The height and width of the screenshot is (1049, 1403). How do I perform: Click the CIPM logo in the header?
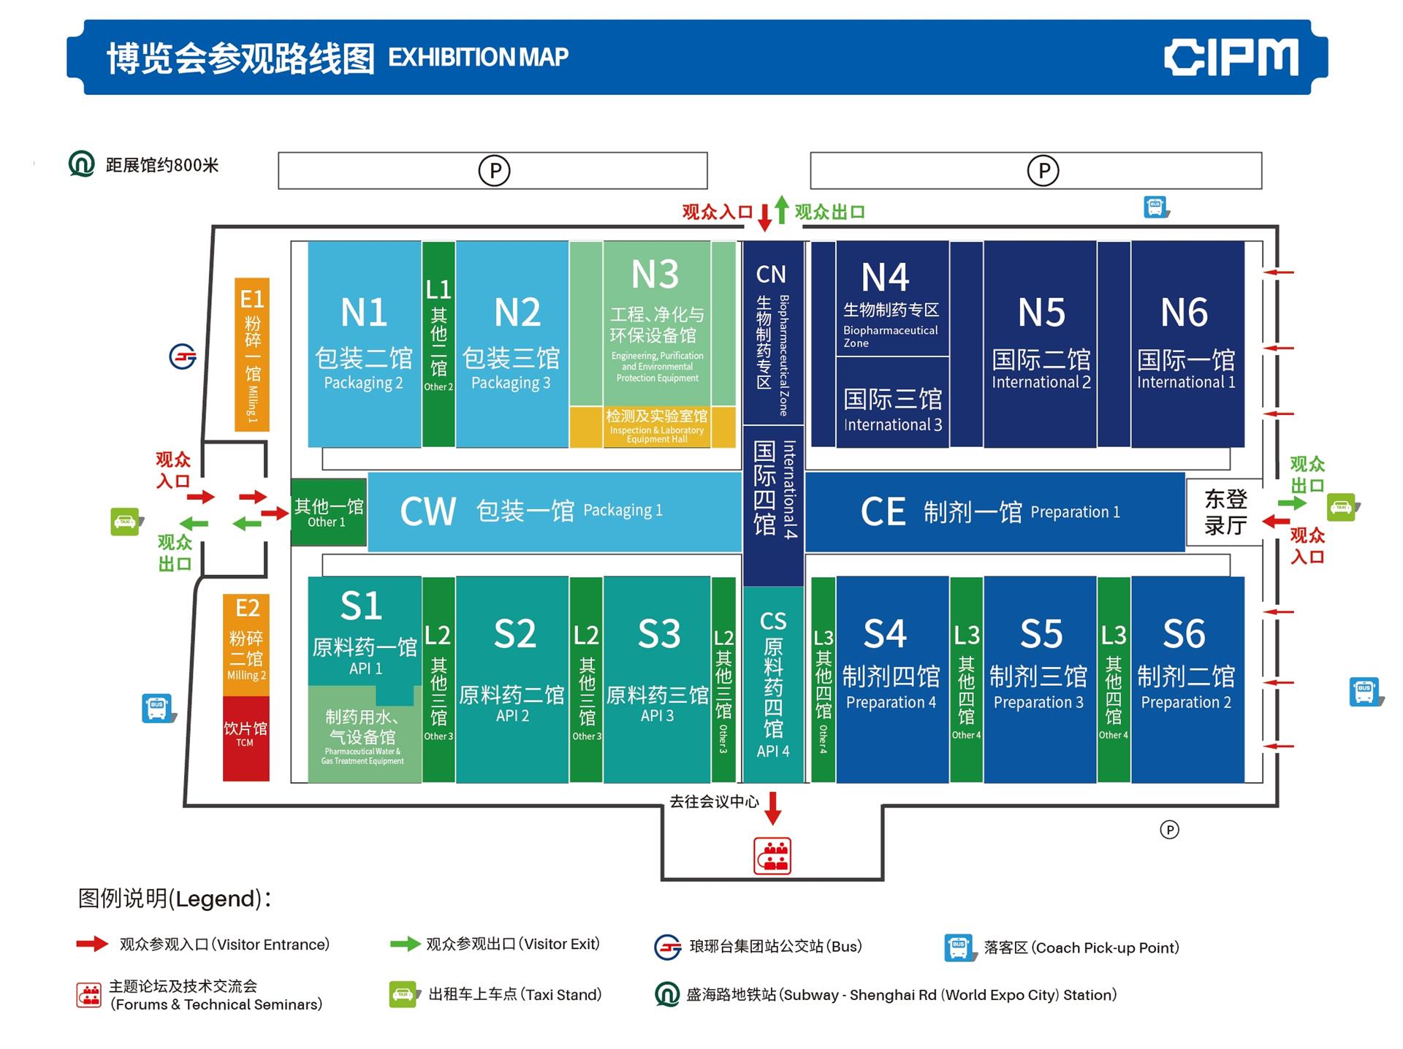click(x=1231, y=57)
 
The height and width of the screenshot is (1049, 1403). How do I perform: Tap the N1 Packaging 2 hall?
click(x=364, y=344)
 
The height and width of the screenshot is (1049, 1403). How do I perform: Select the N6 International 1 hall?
click(x=1187, y=344)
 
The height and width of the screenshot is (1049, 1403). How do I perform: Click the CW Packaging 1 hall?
click(x=554, y=511)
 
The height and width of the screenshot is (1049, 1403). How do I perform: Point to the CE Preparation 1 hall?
click(x=994, y=511)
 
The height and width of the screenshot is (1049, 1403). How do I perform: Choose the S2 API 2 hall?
click(x=512, y=679)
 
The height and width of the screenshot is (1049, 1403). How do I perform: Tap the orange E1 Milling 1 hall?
click(x=252, y=354)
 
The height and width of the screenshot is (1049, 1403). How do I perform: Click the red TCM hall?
click(x=246, y=738)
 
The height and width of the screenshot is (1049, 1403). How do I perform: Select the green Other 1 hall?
click(x=328, y=512)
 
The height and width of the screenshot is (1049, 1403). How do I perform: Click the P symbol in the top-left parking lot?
click(x=494, y=171)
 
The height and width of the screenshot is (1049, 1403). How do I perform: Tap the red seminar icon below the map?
click(x=772, y=855)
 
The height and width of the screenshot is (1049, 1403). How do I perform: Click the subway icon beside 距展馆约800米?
click(x=82, y=164)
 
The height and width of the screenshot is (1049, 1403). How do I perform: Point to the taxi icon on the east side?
click(x=1342, y=507)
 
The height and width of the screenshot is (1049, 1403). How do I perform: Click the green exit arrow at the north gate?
click(x=782, y=210)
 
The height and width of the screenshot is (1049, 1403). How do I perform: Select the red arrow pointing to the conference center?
click(x=772, y=808)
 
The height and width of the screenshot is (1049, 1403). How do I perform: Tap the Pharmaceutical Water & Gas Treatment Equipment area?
click(x=363, y=734)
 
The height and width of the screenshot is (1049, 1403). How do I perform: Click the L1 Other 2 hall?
click(x=438, y=344)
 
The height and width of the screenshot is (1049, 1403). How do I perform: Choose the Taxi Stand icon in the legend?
click(x=403, y=994)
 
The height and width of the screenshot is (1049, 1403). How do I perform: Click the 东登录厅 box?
click(x=1225, y=512)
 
